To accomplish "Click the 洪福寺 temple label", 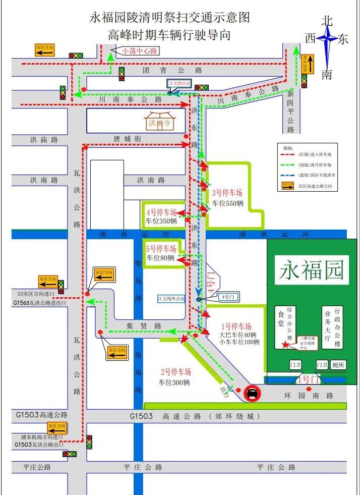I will click(160, 123).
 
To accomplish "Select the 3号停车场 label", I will click(227, 192).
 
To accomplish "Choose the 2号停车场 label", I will click(176, 372).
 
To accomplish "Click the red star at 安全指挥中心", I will click(285, 344).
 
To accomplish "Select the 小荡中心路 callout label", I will click(140, 50).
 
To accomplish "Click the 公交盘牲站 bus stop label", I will click(179, 83).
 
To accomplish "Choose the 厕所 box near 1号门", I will click(338, 365).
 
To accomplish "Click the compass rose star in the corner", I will click(327, 39).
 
